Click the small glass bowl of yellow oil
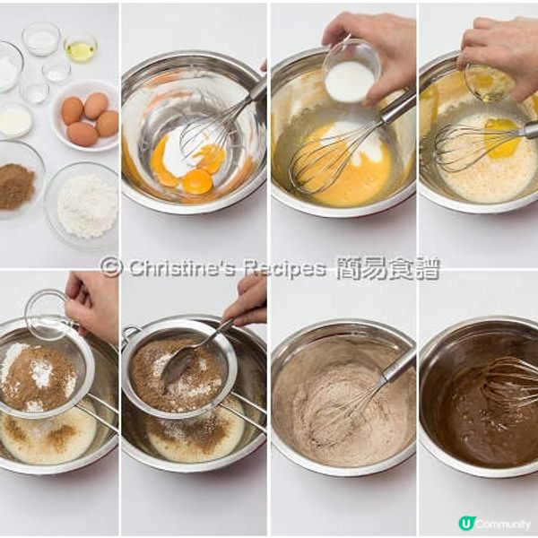80,48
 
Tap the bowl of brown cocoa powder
16,186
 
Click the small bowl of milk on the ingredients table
14,121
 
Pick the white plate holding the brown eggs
85,116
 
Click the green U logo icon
465,524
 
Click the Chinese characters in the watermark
387,267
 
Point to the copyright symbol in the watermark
111,267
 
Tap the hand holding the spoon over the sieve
247,301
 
